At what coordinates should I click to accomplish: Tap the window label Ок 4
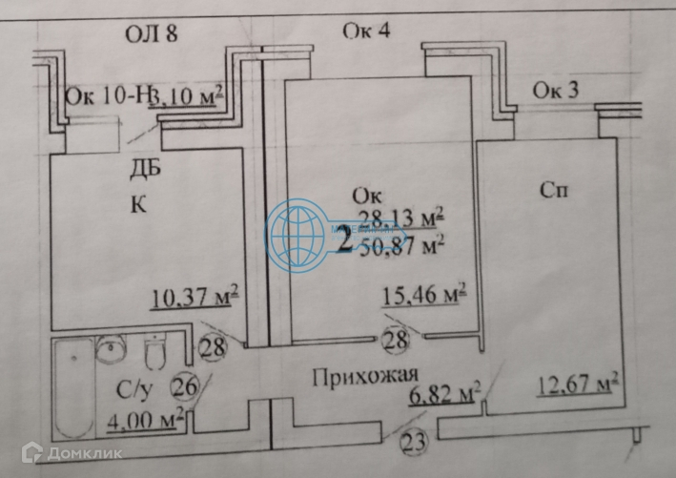point(366,31)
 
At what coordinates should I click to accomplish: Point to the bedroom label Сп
point(554,191)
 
